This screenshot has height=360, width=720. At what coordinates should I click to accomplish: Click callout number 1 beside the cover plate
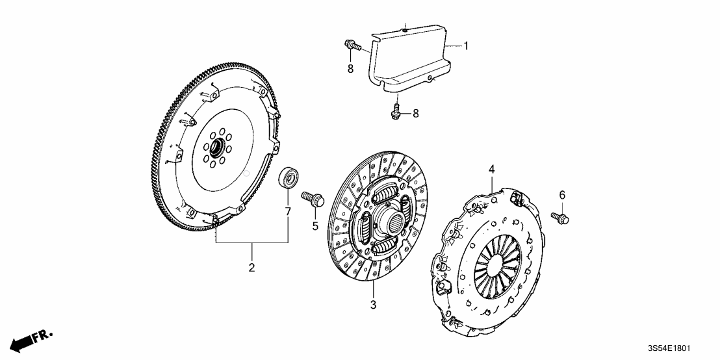pos(465,46)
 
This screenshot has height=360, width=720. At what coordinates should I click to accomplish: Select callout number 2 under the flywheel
pos(251,267)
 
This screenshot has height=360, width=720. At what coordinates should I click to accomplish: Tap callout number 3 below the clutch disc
pos(373,304)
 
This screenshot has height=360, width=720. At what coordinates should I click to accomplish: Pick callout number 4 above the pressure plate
pos(492,169)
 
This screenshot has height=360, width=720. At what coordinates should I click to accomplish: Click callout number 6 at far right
pos(562,194)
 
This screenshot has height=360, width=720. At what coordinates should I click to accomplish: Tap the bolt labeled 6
pos(560,218)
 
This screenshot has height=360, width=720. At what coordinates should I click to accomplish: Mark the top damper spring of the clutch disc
pos(387,193)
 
